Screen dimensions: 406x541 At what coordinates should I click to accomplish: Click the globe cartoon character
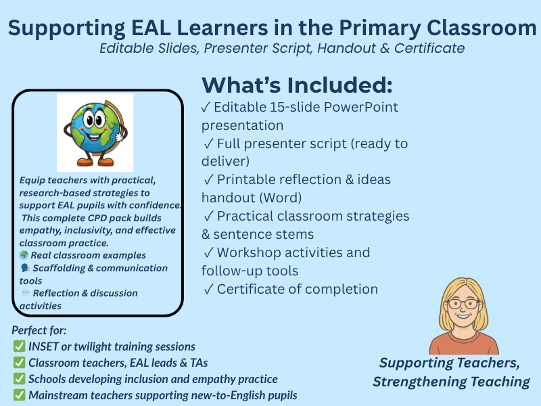point(95,131)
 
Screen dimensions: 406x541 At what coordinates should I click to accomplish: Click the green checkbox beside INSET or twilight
point(19,346)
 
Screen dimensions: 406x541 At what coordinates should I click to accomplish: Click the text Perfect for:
point(39,331)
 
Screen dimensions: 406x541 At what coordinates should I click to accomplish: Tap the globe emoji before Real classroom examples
point(24,256)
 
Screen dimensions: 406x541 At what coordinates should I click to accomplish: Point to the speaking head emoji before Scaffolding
point(24,268)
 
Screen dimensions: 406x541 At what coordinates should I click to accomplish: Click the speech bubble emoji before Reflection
point(25,293)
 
